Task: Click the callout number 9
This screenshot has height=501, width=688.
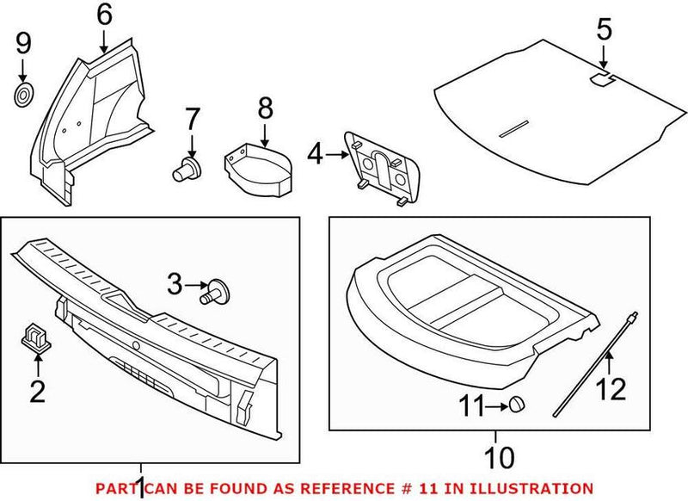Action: [23, 40]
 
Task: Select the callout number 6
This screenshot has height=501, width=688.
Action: [103, 14]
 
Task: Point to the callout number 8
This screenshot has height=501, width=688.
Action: [264, 108]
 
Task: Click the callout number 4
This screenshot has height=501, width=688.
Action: [316, 156]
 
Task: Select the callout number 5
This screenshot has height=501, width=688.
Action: [604, 30]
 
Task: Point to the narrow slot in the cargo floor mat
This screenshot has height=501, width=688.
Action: [515, 127]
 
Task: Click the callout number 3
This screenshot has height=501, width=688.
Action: [175, 281]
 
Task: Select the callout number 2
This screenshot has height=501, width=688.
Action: [37, 393]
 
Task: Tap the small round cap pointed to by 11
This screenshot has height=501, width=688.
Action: [517, 404]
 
